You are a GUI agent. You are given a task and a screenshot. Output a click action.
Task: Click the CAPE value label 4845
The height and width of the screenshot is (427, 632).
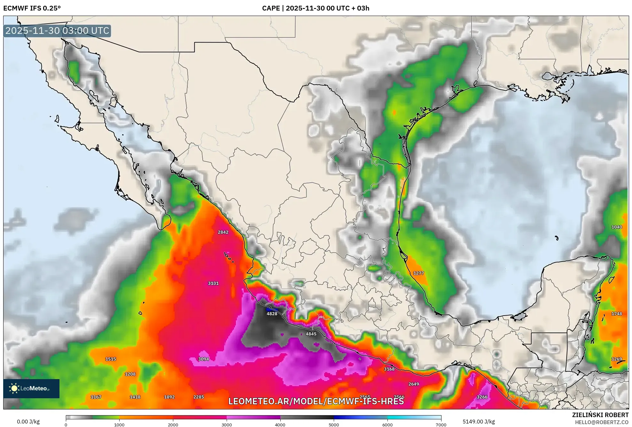[311, 334]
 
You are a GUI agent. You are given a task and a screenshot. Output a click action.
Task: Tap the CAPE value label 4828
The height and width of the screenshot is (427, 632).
[272, 314]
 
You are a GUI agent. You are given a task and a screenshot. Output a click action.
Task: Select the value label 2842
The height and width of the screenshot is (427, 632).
[223, 232]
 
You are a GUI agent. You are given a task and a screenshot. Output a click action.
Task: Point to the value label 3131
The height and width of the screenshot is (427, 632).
[213, 283]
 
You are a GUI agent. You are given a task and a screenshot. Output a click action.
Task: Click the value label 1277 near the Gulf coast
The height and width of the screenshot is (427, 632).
[418, 273]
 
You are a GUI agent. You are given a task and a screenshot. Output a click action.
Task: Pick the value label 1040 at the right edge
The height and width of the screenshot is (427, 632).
[616, 227]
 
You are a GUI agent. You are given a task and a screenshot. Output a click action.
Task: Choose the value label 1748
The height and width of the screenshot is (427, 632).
[616, 314]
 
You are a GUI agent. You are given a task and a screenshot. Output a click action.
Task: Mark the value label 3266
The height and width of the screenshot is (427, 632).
[482, 397]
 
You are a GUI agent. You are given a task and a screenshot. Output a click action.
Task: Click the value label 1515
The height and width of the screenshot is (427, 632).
[111, 359]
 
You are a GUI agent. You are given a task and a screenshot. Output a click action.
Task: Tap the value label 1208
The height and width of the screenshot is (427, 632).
[130, 374]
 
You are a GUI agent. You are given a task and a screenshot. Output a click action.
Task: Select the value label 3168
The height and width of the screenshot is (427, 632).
[389, 369]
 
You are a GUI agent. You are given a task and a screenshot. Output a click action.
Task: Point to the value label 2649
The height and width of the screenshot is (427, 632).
[413, 384]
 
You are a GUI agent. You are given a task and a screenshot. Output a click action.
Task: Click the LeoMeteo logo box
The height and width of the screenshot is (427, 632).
[31, 388]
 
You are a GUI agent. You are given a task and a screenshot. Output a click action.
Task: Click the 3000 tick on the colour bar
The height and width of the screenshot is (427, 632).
[227, 424]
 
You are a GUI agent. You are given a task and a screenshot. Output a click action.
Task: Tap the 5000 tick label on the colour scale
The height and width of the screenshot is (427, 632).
[334, 424]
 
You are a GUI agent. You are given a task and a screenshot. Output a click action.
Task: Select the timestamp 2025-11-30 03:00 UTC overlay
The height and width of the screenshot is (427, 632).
[57, 31]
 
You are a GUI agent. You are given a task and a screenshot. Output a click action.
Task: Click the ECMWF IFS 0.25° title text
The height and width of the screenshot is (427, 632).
[32, 8]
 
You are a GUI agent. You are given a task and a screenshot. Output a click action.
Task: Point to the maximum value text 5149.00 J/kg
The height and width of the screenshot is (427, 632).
[479, 422]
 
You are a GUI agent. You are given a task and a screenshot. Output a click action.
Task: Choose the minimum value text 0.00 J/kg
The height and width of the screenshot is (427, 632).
[28, 422]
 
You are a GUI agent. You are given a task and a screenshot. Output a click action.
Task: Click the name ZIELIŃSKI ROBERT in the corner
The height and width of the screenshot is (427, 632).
[600, 415]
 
